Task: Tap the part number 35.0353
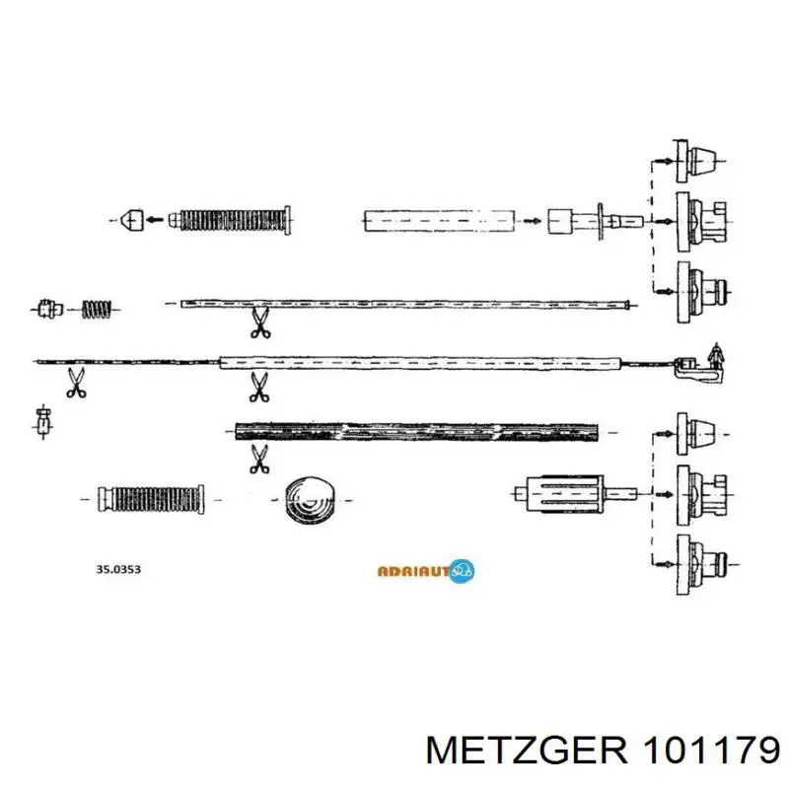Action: click(x=118, y=569)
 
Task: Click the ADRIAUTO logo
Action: click(x=426, y=571)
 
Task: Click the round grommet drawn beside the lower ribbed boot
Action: click(x=310, y=500)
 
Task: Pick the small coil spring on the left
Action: click(x=97, y=309)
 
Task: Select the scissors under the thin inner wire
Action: click(x=76, y=383)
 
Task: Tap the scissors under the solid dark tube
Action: click(x=259, y=459)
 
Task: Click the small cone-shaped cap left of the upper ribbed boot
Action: click(x=132, y=220)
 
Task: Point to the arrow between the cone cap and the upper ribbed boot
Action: click(x=154, y=220)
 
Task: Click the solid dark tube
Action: click(x=416, y=432)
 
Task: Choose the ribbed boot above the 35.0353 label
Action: click(x=151, y=500)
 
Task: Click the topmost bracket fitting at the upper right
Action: click(x=696, y=161)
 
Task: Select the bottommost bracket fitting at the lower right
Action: click(x=701, y=564)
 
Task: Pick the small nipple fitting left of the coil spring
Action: click(x=50, y=309)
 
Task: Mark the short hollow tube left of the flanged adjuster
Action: click(x=440, y=220)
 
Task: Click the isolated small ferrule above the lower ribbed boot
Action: click(x=44, y=422)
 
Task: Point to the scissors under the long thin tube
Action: click(x=260, y=323)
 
